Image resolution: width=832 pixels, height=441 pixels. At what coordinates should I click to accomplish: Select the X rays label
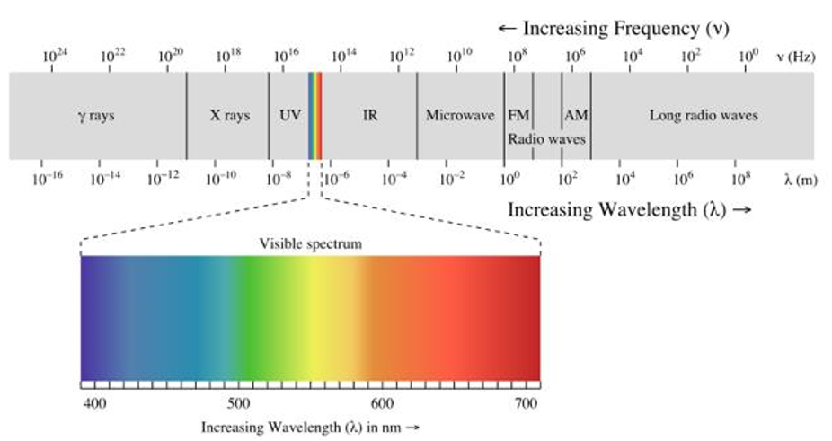[x=230, y=116]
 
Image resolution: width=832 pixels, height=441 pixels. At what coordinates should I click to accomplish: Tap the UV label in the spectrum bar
[x=289, y=116]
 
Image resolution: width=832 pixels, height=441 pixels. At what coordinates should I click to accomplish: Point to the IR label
[x=369, y=116]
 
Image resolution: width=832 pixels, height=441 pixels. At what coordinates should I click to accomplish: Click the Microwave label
[x=459, y=116]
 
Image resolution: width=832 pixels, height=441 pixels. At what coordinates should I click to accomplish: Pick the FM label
[x=518, y=116]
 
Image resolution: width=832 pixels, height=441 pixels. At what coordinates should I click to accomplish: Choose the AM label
[x=576, y=116]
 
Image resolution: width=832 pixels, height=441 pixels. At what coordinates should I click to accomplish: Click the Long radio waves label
[x=704, y=116]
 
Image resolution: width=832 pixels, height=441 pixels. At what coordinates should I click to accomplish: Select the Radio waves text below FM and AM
[x=546, y=139]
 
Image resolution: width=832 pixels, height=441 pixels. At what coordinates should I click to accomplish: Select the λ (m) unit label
[x=800, y=179]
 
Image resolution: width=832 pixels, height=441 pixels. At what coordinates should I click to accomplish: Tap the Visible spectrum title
[x=311, y=243]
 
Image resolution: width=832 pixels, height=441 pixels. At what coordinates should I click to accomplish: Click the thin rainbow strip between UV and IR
[x=314, y=116]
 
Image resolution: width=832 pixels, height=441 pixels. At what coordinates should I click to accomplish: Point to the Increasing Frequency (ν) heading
[x=613, y=29]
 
